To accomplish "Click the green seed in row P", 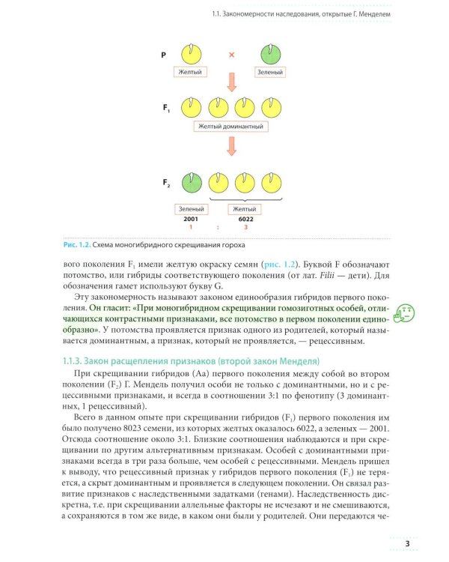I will tap(270, 55).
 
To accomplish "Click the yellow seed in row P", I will tap(192, 55).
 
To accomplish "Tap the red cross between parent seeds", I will tap(231, 55).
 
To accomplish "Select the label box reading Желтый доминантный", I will tap(231, 126).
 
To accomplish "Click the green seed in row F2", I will tap(192, 183).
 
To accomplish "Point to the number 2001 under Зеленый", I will tap(192, 218).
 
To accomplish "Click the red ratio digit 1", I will tap(192, 226).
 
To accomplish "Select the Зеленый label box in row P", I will tap(270, 72).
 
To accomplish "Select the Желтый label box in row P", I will tap(192, 72).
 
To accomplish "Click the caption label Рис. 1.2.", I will tap(75, 244).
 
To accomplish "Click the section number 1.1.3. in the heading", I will tap(77, 362).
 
